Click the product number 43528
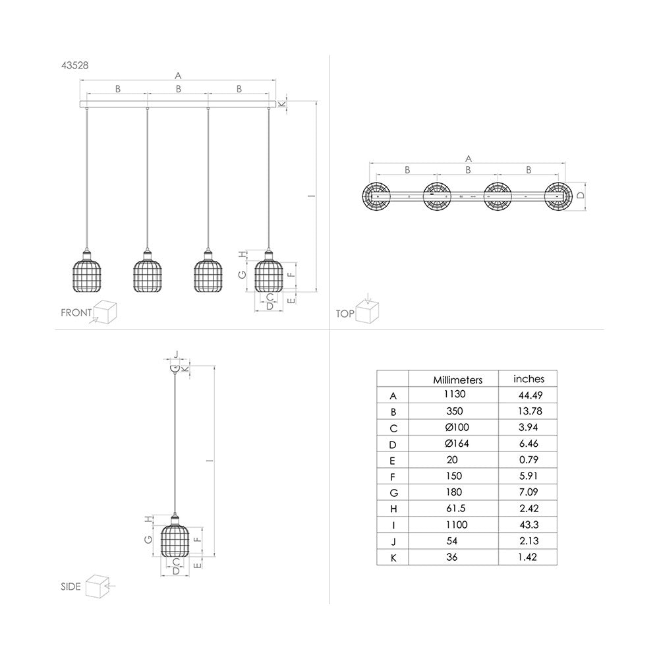tap(73, 65)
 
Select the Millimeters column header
tap(457, 380)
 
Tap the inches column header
tap(529, 378)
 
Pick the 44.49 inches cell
tap(529, 395)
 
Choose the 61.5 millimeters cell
tap(454, 508)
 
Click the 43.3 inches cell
tap(529, 525)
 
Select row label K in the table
tap(393, 558)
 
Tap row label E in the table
tap(393, 460)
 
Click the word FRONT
tap(76, 313)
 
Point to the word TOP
tap(345, 314)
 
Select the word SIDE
tap(71, 586)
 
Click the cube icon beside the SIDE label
tap(99, 585)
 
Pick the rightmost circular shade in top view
tap(558, 196)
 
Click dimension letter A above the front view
tap(178, 75)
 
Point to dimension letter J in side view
tap(175, 354)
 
